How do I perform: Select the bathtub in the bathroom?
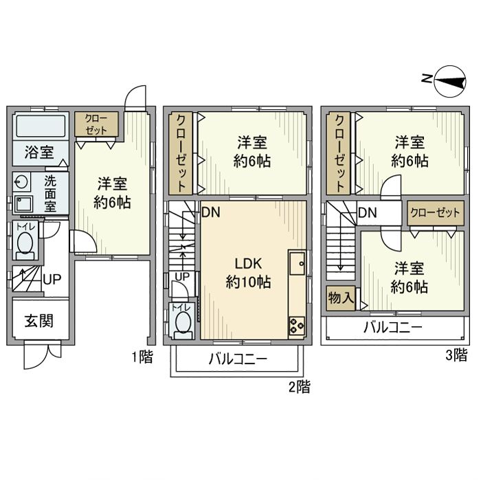coord(40,126)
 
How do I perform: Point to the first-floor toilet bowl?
coord(25,244)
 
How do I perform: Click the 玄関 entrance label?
coord(40,321)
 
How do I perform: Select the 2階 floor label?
coord(299,388)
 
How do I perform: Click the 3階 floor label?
coord(456,355)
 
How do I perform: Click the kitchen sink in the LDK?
coord(297,263)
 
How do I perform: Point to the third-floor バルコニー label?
coord(392,327)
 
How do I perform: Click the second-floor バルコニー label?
coord(237,359)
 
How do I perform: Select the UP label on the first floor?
coord(51,280)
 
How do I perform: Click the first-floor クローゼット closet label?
coord(96,124)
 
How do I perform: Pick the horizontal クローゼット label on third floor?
coord(434,212)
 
